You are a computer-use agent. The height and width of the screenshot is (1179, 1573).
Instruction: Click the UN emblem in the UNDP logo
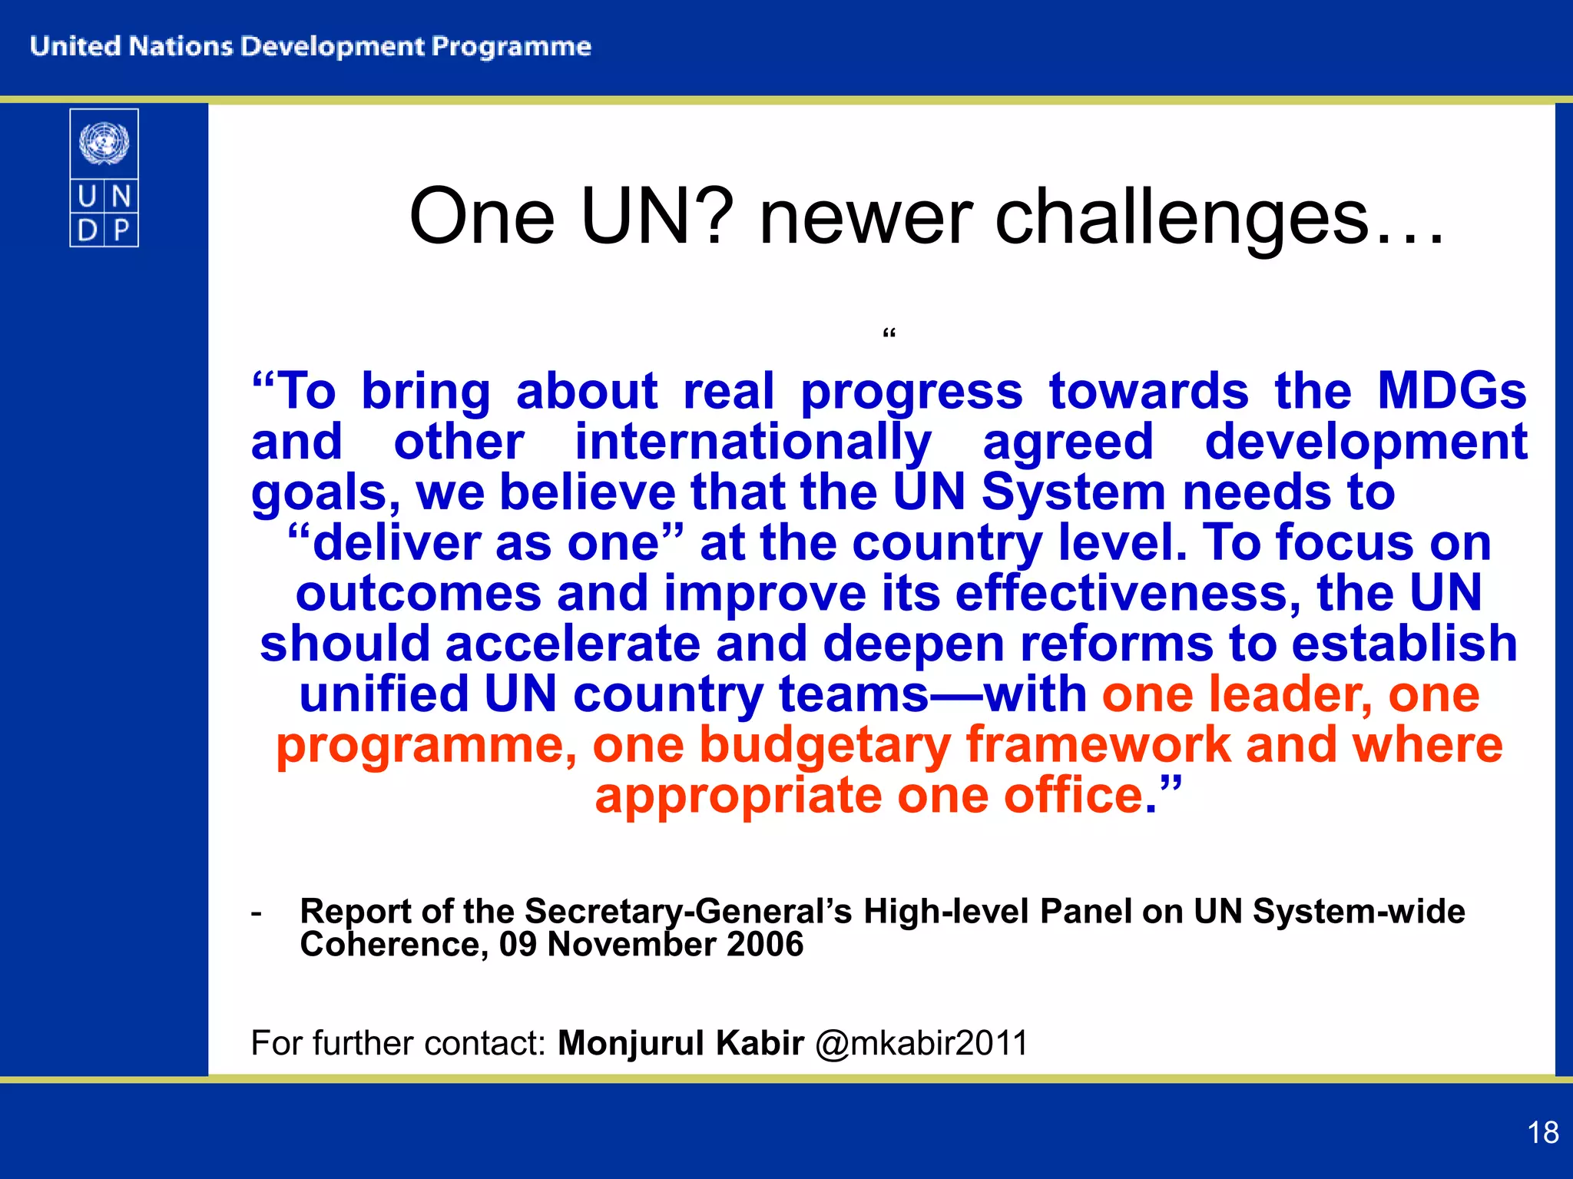[x=104, y=143]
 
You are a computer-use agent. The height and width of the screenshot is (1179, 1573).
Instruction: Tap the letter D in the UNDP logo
[x=88, y=230]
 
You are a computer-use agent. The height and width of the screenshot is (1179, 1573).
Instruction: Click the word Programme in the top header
[x=511, y=46]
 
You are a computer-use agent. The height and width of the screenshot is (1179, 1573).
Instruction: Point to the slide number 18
[x=1542, y=1132]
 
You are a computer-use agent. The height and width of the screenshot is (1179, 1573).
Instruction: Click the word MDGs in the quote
[x=1451, y=391]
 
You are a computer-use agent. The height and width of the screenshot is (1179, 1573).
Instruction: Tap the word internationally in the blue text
[x=753, y=442]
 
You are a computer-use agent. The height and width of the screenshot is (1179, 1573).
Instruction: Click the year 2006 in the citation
[x=764, y=944]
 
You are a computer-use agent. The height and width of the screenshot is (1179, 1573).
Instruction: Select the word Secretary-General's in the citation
[x=688, y=911]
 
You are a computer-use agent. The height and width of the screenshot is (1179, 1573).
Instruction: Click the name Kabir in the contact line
[x=760, y=1043]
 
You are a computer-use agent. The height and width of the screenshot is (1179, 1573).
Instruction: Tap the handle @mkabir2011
[x=921, y=1043]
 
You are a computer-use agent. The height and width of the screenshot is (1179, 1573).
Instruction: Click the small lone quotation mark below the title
[x=889, y=334]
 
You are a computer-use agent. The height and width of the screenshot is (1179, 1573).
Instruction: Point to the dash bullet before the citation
[x=257, y=912]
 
